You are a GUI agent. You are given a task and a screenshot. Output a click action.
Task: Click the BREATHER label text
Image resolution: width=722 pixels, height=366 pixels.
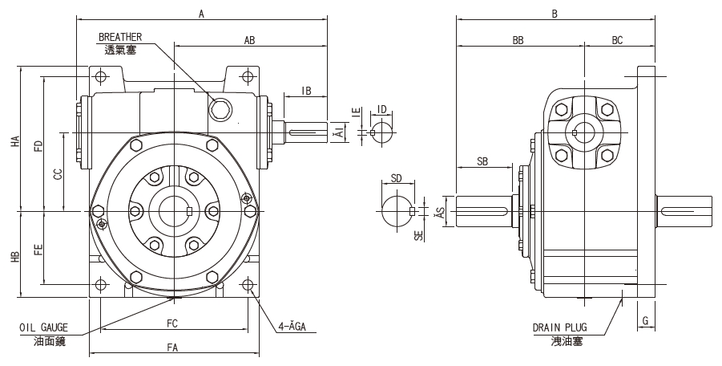pos(120,37)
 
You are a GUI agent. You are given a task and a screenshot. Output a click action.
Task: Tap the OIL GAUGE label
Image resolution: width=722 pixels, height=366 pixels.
pos(44,327)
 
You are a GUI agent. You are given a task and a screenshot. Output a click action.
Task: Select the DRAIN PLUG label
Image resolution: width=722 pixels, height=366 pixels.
pos(559,327)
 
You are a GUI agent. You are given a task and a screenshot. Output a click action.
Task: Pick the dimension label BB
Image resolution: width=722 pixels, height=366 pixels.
pos(518,39)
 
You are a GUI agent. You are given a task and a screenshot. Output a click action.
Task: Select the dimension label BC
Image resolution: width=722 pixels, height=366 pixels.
pos(617,39)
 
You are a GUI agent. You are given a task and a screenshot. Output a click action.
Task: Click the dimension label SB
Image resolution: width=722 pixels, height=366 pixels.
pos(482,161)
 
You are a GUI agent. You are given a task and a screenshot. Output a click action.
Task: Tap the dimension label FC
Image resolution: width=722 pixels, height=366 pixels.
pos(171,323)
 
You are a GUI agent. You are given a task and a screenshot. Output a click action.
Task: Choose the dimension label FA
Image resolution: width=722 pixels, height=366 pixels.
pos(171,347)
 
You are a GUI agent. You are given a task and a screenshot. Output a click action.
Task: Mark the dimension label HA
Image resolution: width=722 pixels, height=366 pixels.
pos(14,140)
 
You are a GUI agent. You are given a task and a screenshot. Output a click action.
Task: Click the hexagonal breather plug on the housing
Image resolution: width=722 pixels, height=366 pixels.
pos(220,109)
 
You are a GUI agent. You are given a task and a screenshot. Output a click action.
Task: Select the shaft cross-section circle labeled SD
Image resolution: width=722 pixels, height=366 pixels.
pos(396,211)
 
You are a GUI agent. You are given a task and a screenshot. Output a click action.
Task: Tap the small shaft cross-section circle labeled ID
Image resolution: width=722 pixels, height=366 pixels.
pos(381,131)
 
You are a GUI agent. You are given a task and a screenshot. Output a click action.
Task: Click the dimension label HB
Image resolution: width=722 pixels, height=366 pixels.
pos(14,256)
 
